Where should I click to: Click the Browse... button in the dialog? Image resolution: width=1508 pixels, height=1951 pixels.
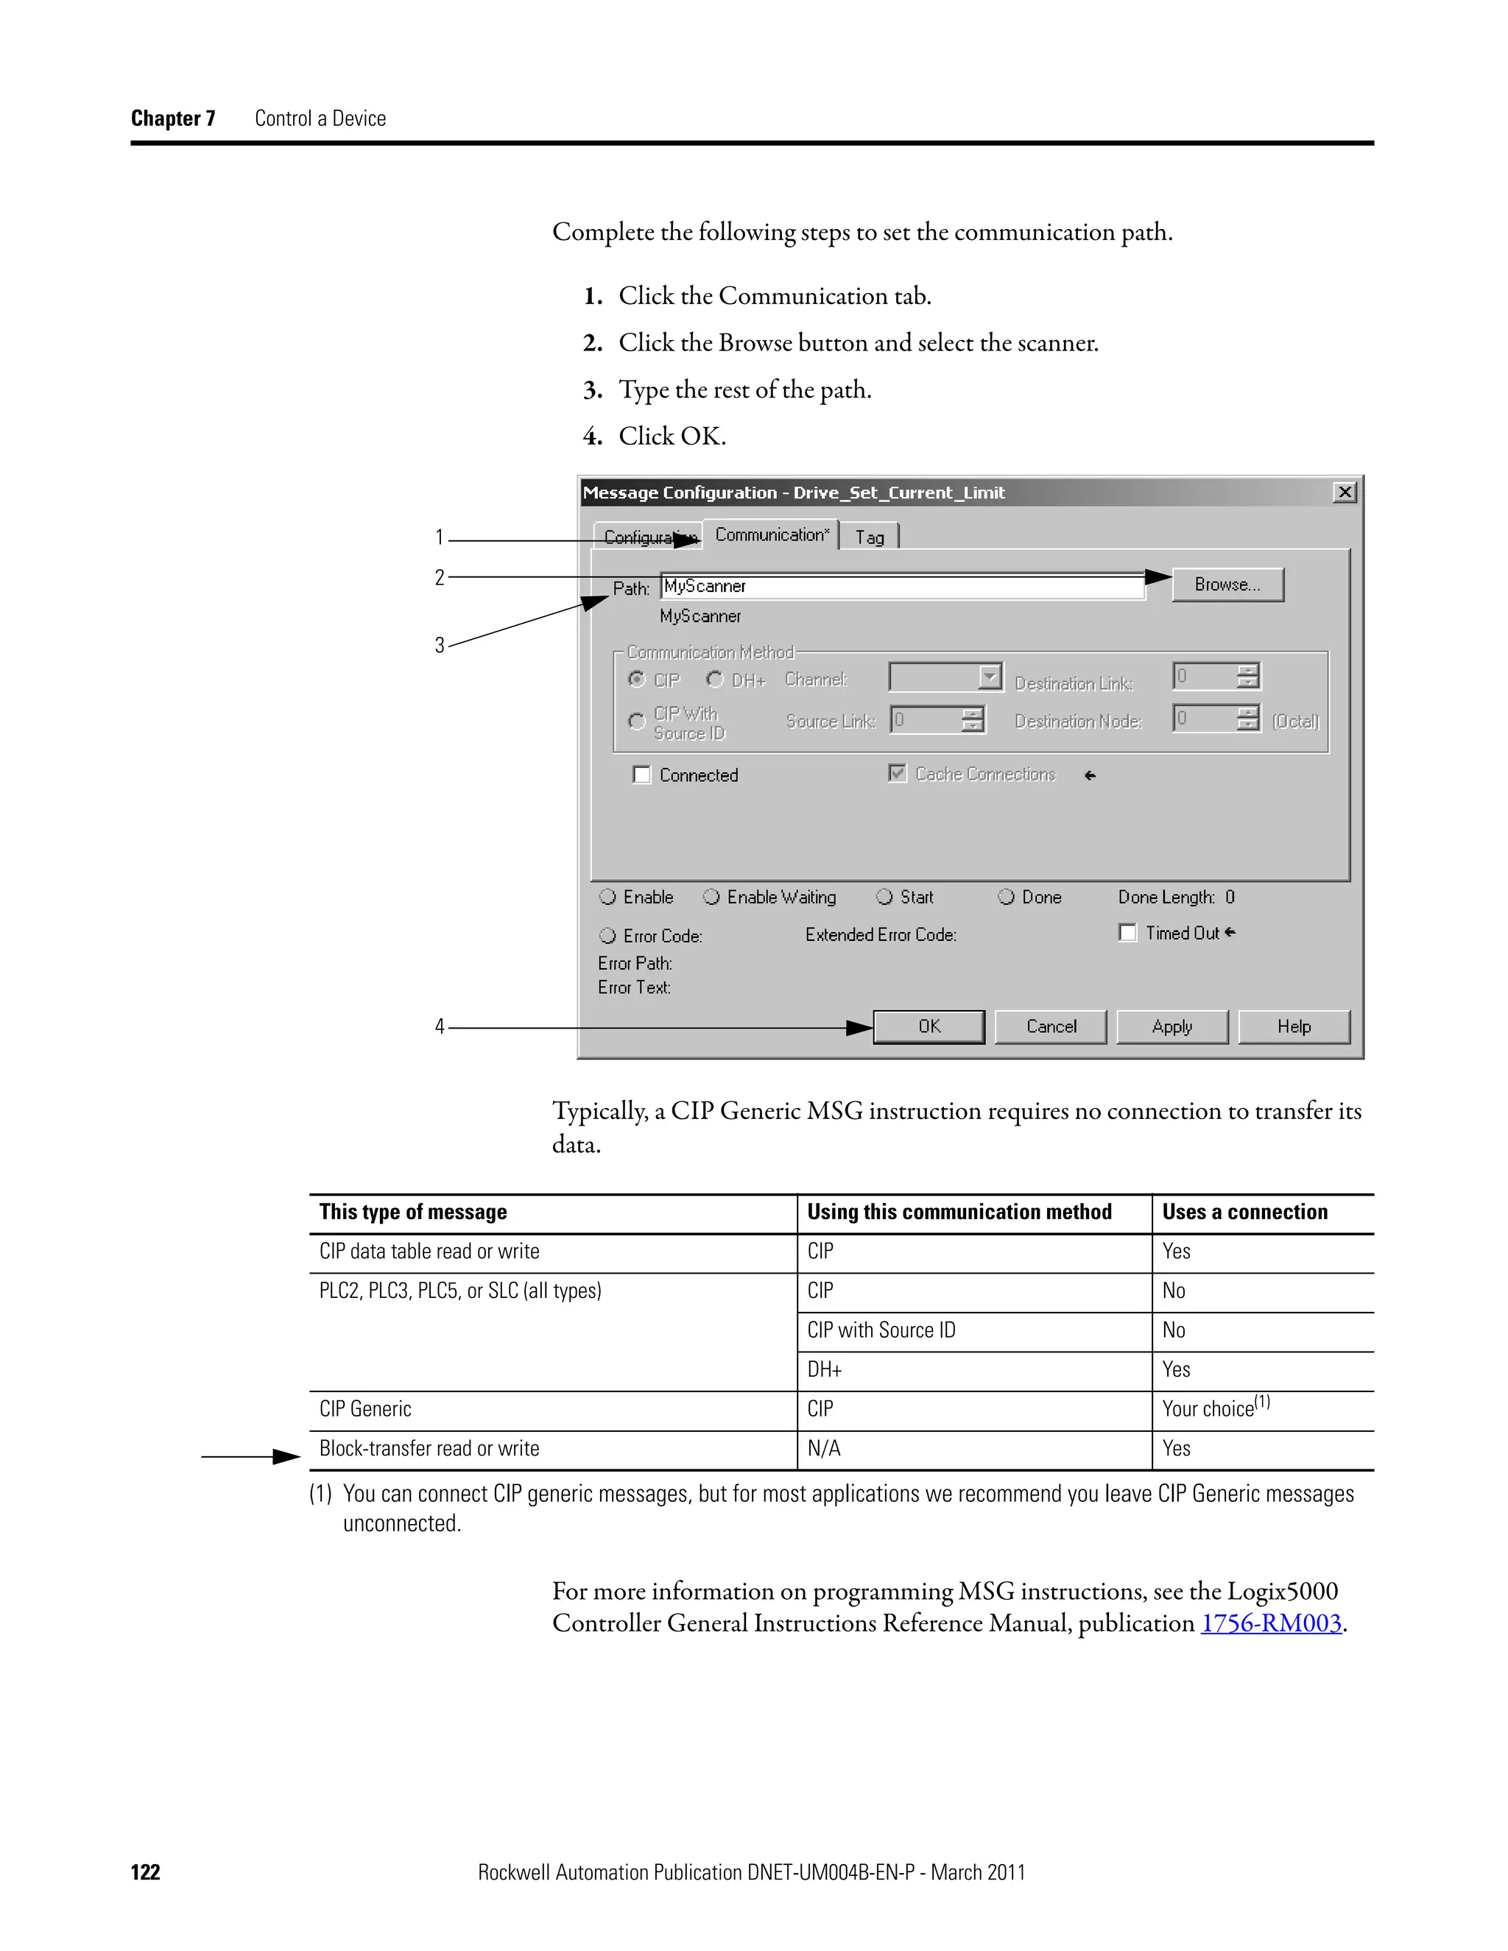(1227, 585)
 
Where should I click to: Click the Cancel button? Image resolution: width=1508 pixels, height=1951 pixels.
(1051, 1026)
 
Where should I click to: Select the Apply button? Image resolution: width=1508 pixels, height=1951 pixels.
(1171, 1026)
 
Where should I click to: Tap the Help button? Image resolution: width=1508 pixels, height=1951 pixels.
(1293, 1026)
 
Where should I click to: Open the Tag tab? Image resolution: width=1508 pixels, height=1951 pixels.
(870, 537)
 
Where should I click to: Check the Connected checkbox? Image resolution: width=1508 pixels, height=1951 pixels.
(641, 775)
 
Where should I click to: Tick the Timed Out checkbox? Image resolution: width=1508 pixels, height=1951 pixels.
(1127, 933)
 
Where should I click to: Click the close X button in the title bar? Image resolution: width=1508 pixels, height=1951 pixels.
(1344, 493)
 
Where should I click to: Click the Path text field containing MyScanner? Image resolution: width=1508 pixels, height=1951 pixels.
(902, 586)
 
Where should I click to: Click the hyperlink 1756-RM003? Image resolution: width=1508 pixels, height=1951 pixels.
(1270, 1623)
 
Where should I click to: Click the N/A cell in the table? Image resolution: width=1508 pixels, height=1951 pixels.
(824, 1448)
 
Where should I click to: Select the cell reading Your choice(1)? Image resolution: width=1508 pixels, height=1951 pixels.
(1215, 1408)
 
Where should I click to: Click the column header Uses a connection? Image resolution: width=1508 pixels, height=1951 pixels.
(1244, 1213)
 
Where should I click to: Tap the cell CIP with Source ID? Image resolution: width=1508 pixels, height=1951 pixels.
(881, 1330)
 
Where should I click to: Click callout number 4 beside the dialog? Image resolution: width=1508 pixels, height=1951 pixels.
(440, 1026)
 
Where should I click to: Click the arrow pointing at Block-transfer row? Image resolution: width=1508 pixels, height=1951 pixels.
(250, 1457)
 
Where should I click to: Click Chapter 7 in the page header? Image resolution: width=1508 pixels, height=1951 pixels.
(173, 119)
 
